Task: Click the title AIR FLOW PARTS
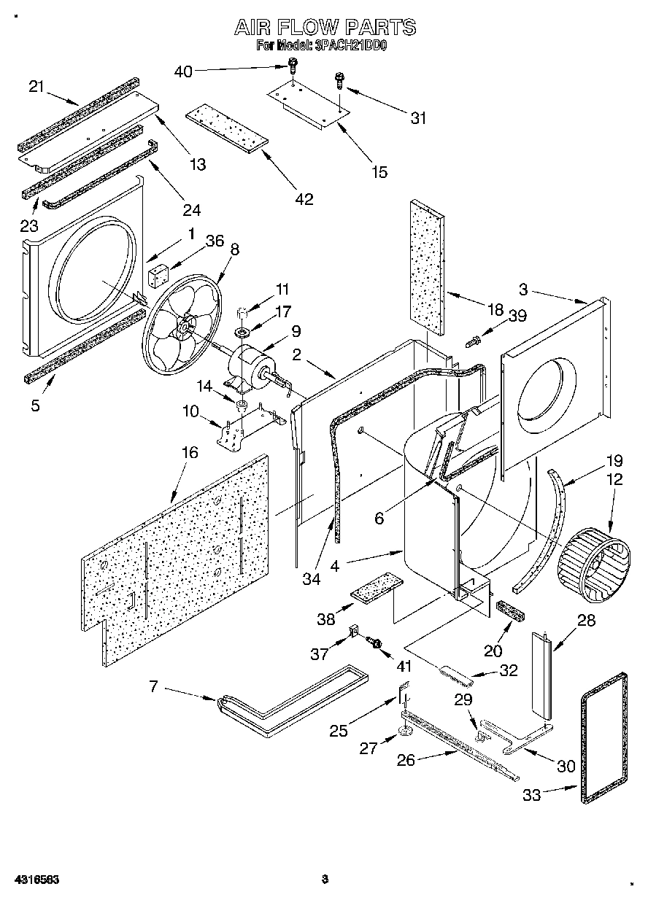324,28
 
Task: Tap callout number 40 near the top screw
183,71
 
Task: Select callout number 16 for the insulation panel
189,452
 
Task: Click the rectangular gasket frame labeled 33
604,737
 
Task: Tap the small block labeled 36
158,276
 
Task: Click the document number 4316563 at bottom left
35,880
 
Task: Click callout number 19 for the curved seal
614,460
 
